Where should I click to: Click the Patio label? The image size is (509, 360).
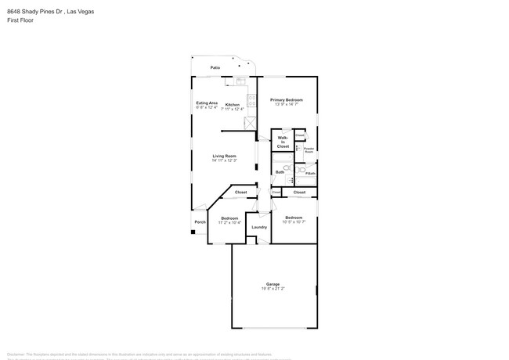coord(215,68)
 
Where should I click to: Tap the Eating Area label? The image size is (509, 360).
coord(207,103)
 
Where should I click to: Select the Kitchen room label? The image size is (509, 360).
coord(233,104)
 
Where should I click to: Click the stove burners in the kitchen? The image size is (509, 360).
coord(251,100)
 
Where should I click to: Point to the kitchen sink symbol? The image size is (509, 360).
coord(240,81)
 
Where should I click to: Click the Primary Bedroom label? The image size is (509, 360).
coord(287,100)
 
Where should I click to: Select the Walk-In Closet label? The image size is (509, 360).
coord(283,142)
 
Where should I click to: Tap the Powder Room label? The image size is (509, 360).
coord(309,149)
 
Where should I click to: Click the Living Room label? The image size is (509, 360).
coord(225,156)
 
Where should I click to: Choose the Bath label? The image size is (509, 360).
coord(280,171)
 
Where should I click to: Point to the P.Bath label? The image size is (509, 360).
coord(310,173)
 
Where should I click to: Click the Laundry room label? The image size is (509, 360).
coord(259,227)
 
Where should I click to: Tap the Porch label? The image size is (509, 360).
coord(200,221)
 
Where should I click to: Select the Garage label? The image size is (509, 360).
coord(273,284)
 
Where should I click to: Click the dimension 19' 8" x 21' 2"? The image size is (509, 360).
coord(273,289)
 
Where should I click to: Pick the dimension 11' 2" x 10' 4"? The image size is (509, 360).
coord(229,222)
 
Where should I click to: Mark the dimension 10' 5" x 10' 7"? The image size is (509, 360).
coord(294,221)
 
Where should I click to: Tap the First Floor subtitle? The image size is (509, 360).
coord(20,20)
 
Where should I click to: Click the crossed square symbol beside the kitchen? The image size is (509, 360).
coord(250,122)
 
